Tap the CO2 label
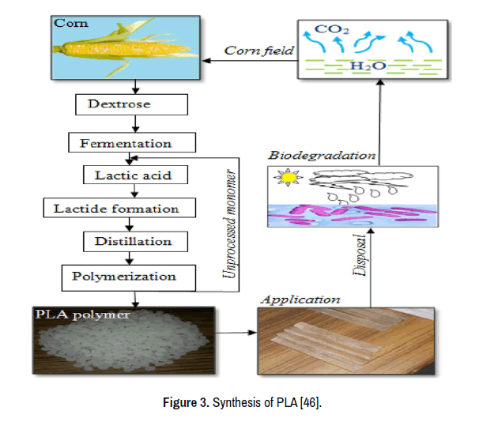(329, 31)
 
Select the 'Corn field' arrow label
(258, 51)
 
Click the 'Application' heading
(300, 300)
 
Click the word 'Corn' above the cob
(71, 24)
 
